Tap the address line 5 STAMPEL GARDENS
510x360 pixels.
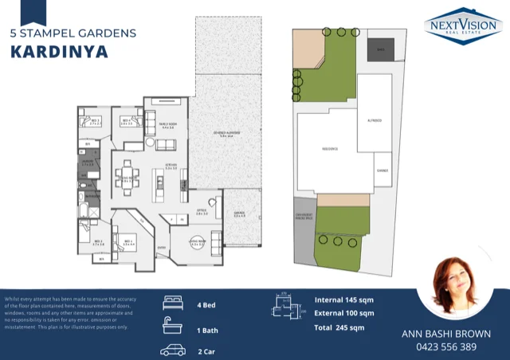73,33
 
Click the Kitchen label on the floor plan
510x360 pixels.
171,166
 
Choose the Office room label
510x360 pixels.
202,213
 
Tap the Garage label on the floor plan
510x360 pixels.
239,213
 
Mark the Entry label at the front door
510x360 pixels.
163,247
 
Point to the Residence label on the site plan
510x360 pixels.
330,149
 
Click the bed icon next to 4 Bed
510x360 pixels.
173,303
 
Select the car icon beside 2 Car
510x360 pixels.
173,350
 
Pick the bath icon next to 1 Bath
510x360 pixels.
173,327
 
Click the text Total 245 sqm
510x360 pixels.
340,327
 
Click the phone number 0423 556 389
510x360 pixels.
445,347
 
